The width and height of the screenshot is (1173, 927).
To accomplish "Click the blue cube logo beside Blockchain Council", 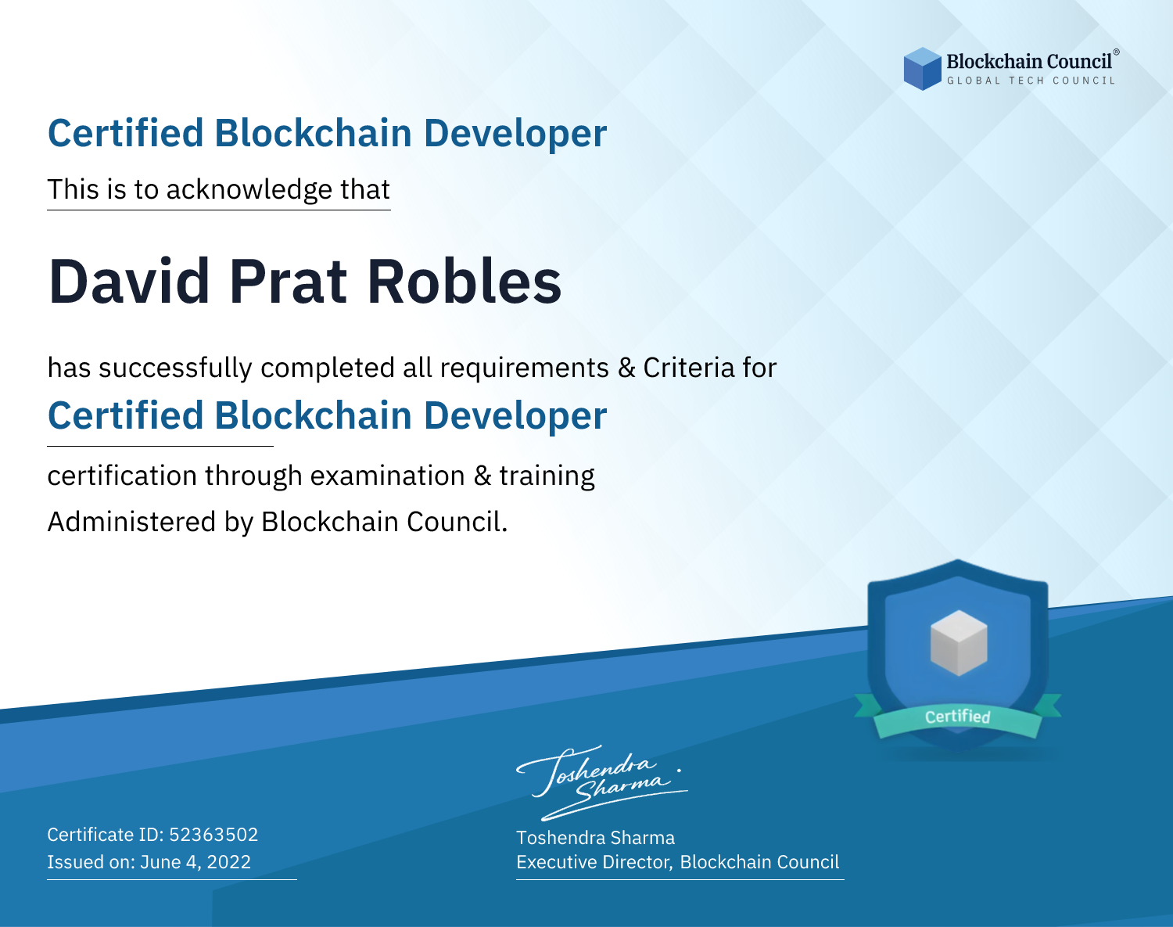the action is pos(922,69).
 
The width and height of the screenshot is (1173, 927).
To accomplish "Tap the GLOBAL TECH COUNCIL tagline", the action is pos(1031,81).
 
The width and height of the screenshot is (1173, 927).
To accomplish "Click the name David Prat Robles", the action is pos(305,282).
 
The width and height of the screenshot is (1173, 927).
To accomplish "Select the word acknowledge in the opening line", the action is pos(249,190).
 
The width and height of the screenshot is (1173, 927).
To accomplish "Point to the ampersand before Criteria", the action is pos(626,368).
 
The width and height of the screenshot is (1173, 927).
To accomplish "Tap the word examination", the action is pos(388,476).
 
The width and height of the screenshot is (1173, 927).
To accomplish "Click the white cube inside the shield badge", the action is pos(959,643).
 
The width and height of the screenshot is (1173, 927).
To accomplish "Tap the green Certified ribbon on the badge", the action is pos(958,717).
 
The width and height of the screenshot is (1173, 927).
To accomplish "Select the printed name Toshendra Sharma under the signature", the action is pos(595,838).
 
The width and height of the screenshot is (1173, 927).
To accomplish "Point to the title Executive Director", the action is pos(594,862).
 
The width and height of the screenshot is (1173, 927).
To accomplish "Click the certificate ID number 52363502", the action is pos(213,834).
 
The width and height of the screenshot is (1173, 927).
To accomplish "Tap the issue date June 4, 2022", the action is pos(195,862).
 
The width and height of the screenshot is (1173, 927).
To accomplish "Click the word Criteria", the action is pos(689,368).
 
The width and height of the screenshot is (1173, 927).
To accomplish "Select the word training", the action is pos(547,476).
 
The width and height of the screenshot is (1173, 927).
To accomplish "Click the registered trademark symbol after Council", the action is pos(1117,52).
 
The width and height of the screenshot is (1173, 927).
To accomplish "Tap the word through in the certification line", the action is pos(253,476).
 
